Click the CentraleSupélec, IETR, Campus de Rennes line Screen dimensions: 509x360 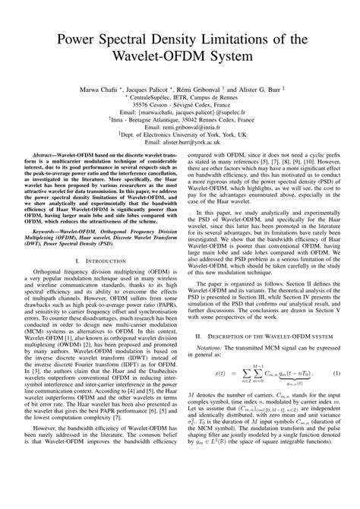point(179,100)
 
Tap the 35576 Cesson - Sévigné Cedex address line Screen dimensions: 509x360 point(179,108)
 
